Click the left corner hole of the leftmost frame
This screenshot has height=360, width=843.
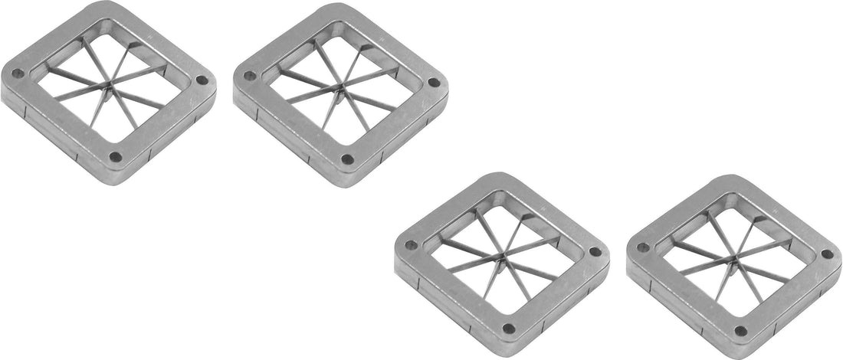pos(17,74)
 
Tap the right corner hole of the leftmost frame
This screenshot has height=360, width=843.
pos(202,80)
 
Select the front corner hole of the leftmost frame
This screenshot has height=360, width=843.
pos(115,156)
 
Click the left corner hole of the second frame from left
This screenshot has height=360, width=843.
pos(249,76)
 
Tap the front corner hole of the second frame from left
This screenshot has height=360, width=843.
pos(347,159)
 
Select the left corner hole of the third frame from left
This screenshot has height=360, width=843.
pos(410,246)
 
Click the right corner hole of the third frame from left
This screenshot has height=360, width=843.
pos(595,252)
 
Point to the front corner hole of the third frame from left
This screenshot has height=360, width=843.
pos(508,329)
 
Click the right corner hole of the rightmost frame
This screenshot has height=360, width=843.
pos(827,254)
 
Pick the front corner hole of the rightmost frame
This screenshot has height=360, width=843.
pos(740,331)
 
